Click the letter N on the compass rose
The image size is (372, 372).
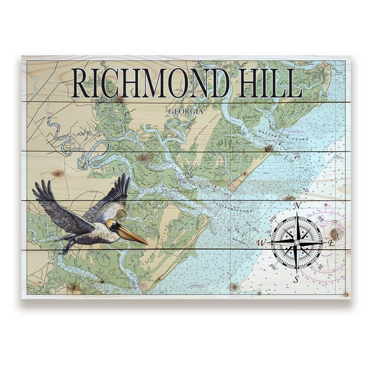click(x=297, y=206)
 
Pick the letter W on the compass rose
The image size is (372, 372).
click(x=261, y=243)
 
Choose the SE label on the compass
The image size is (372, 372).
click(x=321, y=267)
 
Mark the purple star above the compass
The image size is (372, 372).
click(x=326, y=206)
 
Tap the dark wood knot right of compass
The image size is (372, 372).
click(x=335, y=234)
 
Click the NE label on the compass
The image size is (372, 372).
click(x=320, y=219)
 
